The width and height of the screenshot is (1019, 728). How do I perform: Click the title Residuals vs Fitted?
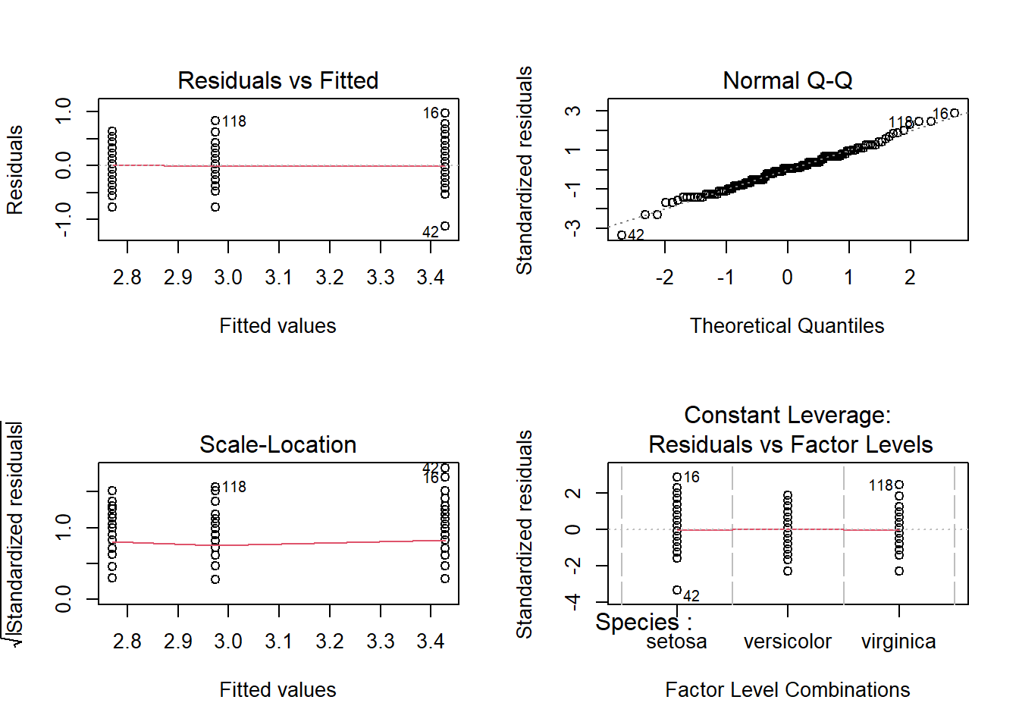[x=277, y=80]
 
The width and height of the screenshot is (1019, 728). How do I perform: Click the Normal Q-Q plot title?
[x=787, y=80]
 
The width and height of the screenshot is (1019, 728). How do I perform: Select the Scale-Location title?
[x=277, y=444]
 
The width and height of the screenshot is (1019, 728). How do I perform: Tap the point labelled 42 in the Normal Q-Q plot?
[x=622, y=235]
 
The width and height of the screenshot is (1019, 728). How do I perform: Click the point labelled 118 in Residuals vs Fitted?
[x=215, y=121]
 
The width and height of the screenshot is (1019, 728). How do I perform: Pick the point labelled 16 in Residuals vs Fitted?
[x=445, y=113]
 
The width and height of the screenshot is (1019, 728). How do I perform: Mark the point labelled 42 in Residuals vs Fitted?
[x=445, y=226]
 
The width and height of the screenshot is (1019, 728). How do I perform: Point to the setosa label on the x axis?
[x=676, y=642]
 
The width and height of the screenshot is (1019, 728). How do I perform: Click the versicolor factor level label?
[x=787, y=642]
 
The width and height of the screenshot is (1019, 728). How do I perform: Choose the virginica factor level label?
[x=898, y=642]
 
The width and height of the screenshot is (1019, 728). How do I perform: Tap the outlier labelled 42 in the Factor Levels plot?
[x=677, y=590]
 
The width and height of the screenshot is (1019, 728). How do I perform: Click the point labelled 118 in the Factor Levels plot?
[x=899, y=485]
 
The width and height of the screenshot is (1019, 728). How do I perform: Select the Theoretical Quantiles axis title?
[x=787, y=326]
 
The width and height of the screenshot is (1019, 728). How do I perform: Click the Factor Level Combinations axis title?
[x=787, y=690]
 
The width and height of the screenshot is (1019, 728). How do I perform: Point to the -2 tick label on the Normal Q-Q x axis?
[x=664, y=278]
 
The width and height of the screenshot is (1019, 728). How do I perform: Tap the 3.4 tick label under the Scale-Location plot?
[x=430, y=642]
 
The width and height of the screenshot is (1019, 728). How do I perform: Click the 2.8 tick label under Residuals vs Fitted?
[x=127, y=278]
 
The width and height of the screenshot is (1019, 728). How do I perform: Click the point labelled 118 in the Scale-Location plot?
[x=215, y=487]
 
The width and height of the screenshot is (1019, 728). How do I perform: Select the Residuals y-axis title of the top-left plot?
[x=15, y=170]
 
